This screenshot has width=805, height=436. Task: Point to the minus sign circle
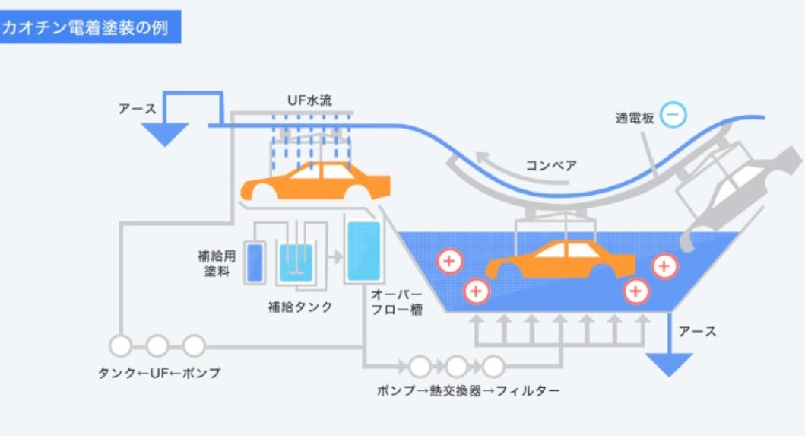coord(673,115)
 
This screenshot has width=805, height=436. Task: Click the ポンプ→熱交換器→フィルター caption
coord(468,391)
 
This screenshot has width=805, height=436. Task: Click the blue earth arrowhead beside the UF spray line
coord(163,134)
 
